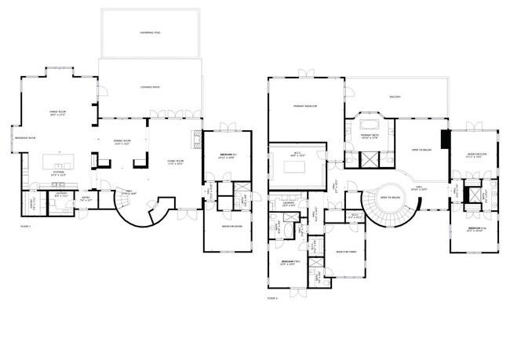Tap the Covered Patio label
point(150,87)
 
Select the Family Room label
point(58,115)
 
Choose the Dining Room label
point(122,142)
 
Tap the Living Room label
point(174,162)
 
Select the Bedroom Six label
point(228,155)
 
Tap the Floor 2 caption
point(272,298)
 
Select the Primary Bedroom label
point(305,106)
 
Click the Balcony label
point(395,97)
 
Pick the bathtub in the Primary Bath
point(369,125)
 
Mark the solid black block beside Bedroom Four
point(445,140)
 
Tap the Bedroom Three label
point(346,252)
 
